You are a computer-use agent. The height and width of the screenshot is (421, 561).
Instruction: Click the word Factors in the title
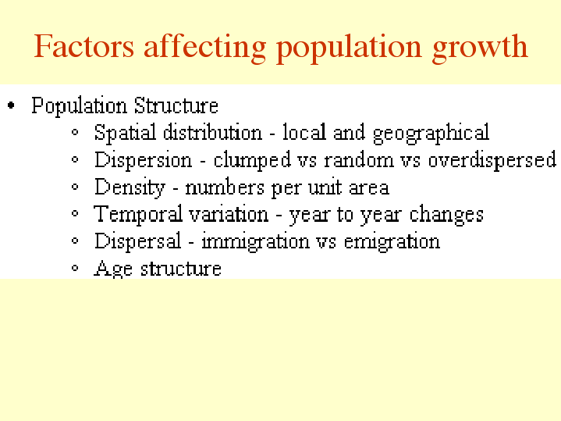tap(84, 46)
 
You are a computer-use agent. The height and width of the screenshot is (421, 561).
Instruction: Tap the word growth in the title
tap(480, 48)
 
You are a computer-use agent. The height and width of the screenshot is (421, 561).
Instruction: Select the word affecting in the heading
tap(205, 48)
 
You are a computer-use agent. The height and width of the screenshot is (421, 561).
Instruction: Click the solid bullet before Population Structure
tap(11, 105)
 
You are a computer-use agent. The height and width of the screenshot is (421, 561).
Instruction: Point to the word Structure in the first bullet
tap(176, 105)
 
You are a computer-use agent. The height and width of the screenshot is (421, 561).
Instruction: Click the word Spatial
tap(125, 133)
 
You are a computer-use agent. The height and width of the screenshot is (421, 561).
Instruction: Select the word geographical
tap(431, 133)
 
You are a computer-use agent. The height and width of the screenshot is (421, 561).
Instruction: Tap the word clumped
tap(252, 160)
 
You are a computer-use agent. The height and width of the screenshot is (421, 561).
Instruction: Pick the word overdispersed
tap(492, 160)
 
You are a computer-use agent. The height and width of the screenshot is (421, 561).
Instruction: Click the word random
tap(358, 160)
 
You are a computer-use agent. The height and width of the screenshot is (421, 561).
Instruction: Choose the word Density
tap(130, 187)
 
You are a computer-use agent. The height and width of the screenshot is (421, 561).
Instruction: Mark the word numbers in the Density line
tap(225, 187)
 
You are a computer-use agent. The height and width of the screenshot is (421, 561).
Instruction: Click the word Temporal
tap(138, 215)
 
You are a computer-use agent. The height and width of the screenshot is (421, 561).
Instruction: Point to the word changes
tap(446, 215)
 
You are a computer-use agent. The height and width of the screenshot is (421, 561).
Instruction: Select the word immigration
tap(255, 242)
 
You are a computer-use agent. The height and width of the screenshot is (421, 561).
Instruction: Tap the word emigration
tap(392, 242)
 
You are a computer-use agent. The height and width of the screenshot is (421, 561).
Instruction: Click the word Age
tap(113, 269)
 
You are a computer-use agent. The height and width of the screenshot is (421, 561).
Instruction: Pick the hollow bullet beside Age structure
tap(75, 268)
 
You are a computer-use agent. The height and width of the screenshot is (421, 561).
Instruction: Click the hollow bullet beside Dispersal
tap(75, 241)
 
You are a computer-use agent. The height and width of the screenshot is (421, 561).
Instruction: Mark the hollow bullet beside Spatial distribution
tap(75, 132)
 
